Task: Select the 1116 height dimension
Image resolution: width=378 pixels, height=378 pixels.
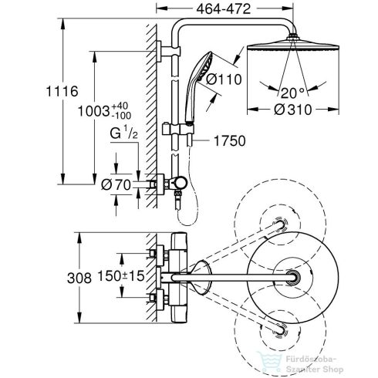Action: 26,91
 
